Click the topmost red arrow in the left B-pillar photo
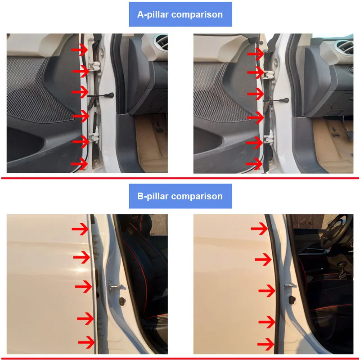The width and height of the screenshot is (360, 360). click(81, 229)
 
